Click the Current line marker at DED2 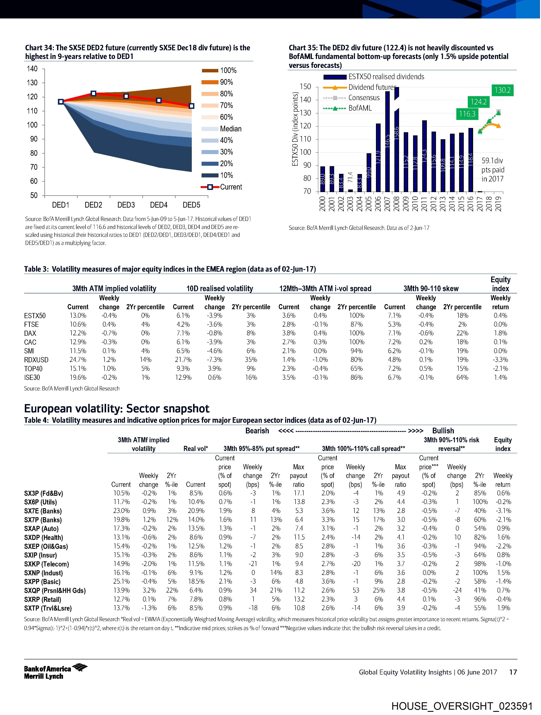tap(93, 93)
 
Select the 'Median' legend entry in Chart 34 tap(230, 129)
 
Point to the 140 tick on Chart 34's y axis tap(32, 69)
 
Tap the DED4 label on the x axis tap(159, 205)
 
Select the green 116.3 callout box tap(467, 114)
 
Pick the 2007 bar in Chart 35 tap(387, 141)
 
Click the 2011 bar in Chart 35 tap(424, 156)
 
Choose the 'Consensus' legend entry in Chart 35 tap(364, 98)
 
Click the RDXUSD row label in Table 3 tap(36, 360)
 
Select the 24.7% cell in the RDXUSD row tap(78, 360)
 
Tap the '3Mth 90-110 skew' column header tap(431, 288)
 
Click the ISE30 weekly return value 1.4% tap(500, 378)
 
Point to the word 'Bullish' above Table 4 tap(443, 431)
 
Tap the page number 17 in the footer tap(513, 672)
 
